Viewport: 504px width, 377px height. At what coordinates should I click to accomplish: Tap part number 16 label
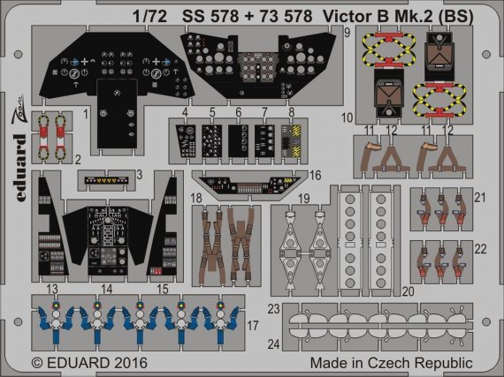pos(315,176)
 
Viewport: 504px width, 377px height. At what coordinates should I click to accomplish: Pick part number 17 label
pos(254,325)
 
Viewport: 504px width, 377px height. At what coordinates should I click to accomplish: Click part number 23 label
pos(275,308)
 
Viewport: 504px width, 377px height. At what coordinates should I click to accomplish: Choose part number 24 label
pos(275,343)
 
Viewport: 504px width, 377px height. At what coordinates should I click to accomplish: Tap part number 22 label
pos(480,249)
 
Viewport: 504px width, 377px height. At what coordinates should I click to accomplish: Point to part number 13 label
pos(52,289)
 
